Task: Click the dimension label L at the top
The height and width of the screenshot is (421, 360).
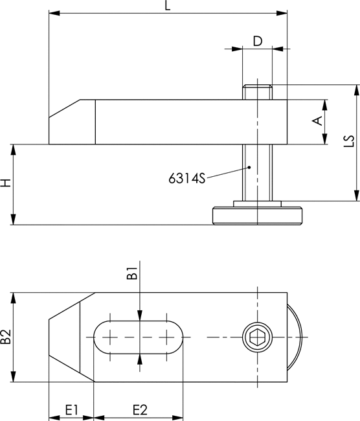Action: tap(168, 5)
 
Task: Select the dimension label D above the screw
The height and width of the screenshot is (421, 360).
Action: tap(258, 41)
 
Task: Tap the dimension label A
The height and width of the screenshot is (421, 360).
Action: tap(317, 120)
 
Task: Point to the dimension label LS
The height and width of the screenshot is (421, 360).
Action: tap(349, 141)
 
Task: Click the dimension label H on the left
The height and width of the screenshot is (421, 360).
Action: tap(6, 183)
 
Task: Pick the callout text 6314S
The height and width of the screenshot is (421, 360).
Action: tap(187, 178)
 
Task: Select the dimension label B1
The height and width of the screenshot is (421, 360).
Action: tap(132, 273)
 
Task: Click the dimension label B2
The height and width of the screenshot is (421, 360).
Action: tap(6, 337)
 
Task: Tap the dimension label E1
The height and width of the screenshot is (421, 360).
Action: tap(72, 410)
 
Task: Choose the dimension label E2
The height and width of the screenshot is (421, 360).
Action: tap(140, 410)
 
